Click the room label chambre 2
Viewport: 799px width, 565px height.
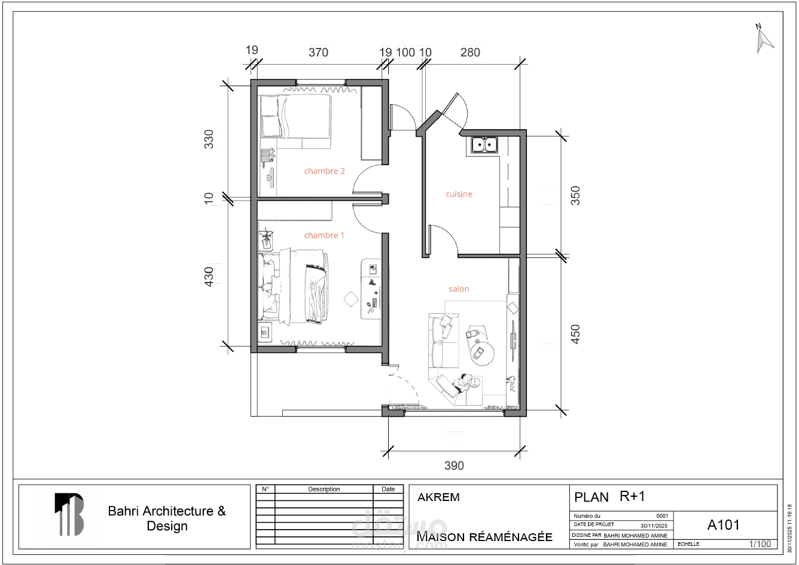pyautogui.click(x=324, y=171)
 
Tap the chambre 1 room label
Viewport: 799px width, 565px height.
pyautogui.click(x=324, y=235)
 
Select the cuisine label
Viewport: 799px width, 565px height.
pyautogui.click(x=459, y=194)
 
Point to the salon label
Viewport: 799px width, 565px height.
pyautogui.click(x=459, y=288)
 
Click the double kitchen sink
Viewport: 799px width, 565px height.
pyautogui.click(x=484, y=145)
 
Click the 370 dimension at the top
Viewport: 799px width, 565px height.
pyautogui.click(x=318, y=53)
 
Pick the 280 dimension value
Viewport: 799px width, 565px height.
pyautogui.click(x=470, y=53)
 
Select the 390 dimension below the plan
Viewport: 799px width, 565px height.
pyautogui.click(x=454, y=466)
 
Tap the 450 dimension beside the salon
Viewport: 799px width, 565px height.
pyautogui.click(x=575, y=334)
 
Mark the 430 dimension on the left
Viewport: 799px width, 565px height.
pyautogui.click(x=209, y=277)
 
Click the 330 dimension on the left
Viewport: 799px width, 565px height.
pyautogui.click(x=209, y=139)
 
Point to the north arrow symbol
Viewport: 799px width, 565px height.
pyautogui.click(x=764, y=40)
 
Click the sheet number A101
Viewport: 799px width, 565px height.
pyautogui.click(x=723, y=525)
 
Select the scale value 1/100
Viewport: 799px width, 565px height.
pyautogui.click(x=760, y=543)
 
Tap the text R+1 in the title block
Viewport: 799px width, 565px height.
pyautogui.click(x=632, y=496)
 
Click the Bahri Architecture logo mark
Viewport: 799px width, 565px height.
pyautogui.click(x=69, y=514)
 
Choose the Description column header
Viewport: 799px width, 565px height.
pyautogui.click(x=324, y=489)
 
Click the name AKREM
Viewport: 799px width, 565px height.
pyautogui.click(x=438, y=497)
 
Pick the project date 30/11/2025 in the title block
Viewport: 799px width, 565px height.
pyautogui.click(x=654, y=525)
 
